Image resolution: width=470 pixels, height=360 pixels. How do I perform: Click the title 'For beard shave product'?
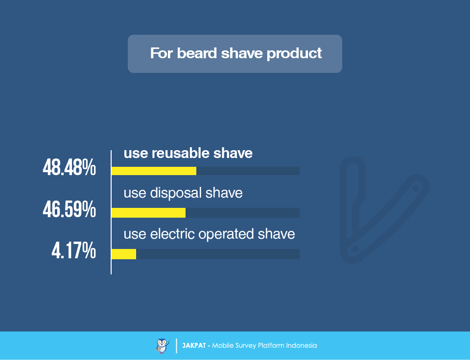point(236,53)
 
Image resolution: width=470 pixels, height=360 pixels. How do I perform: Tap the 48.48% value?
point(69,167)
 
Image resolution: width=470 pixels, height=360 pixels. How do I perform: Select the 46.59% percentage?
point(69,209)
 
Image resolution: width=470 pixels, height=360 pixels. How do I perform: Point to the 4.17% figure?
point(74,250)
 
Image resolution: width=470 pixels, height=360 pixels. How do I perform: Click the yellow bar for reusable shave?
point(154,171)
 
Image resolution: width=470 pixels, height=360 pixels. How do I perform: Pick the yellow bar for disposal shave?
point(148,213)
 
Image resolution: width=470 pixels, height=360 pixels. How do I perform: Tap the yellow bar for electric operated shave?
point(124,254)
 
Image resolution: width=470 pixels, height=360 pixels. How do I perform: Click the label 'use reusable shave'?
point(188,153)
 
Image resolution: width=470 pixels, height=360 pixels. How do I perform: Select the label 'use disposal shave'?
point(183,193)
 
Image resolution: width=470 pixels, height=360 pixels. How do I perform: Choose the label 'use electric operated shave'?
point(209,234)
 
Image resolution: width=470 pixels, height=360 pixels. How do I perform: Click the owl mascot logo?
point(163,346)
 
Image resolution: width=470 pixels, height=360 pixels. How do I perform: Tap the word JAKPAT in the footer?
point(194,346)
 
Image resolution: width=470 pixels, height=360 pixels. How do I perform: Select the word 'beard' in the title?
point(197,53)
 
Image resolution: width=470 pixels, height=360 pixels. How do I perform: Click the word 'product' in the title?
point(294,54)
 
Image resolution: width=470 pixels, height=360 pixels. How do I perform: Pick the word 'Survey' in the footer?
point(245,346)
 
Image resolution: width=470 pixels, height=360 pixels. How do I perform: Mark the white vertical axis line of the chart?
point(111,212)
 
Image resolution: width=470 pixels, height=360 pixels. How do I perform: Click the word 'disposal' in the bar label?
point(176,193)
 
